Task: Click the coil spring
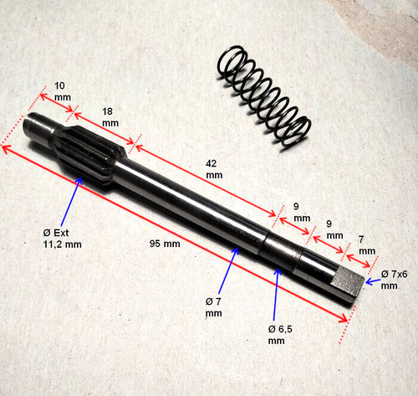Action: pyautogui.click(x=264, y=97)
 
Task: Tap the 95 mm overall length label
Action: pyautogui.click(x=165, y=244)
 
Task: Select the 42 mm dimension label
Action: pyautogui.click(x=214, y=169)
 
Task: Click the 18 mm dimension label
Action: pyautogui.click(x=110, y=117)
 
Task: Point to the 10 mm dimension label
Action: pyautogui.click(x=62, y=91)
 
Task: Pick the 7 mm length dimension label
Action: pyautogui.click(x=367, y=245)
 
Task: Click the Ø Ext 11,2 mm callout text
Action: pyautogui.click(x=62, y=239)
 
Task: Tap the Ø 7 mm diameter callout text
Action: pyautogui.click(x=214, y=307)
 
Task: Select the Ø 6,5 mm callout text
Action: pyautogui.click(x=280, y=335)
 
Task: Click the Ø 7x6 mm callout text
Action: pyautogui.click(x=394, y=280)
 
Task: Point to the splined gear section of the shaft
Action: pyautogui.click(x=89, y=157)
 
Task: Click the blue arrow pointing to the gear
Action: pyautogui.click(x=71, y=202)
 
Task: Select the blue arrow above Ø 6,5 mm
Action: pyautogui.click(x=275, y=295)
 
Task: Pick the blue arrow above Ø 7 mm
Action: pyautogui.click(x=228, y=270)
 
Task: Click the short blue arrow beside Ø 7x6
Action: pyautogui.click(x=372, y=281)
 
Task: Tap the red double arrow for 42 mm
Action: pyautogui.click(x=206, y=181)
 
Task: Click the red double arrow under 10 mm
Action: pyautogui.click(x=57, y=103)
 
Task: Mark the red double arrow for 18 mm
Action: pyautogui.click(x=104, y=128)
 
